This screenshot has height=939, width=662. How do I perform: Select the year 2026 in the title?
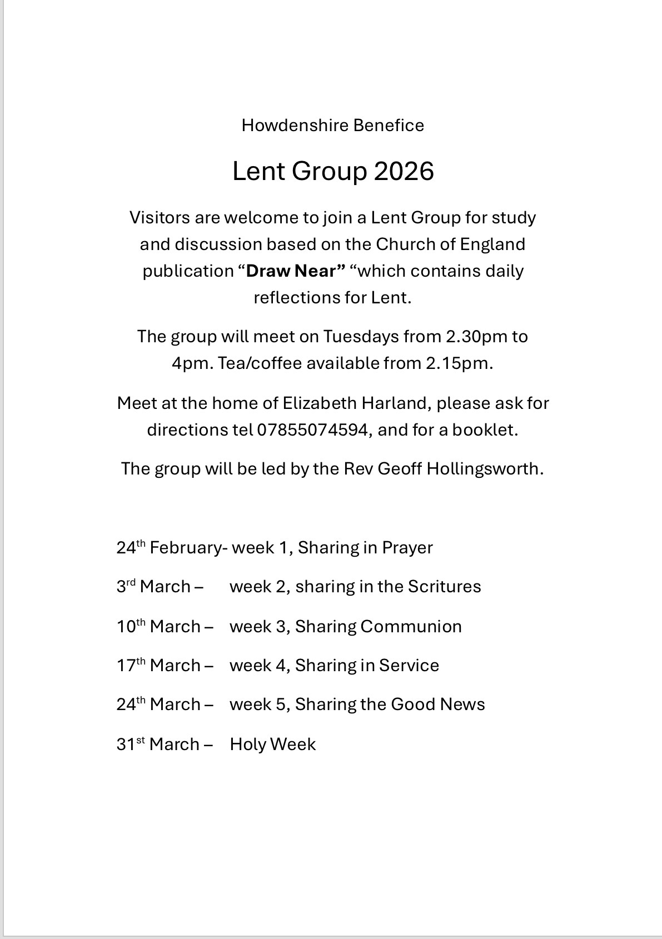[404, 171]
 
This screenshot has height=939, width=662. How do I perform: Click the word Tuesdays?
[361, 337]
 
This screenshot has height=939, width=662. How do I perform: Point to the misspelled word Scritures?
[444, 587]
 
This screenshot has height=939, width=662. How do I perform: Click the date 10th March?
[158, 627]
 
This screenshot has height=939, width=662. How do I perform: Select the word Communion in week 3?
[411, 627]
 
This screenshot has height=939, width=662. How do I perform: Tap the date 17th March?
[158, 666]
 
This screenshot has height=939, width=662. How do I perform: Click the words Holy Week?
[272, 745]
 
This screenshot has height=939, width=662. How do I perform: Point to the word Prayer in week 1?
[407, 548]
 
